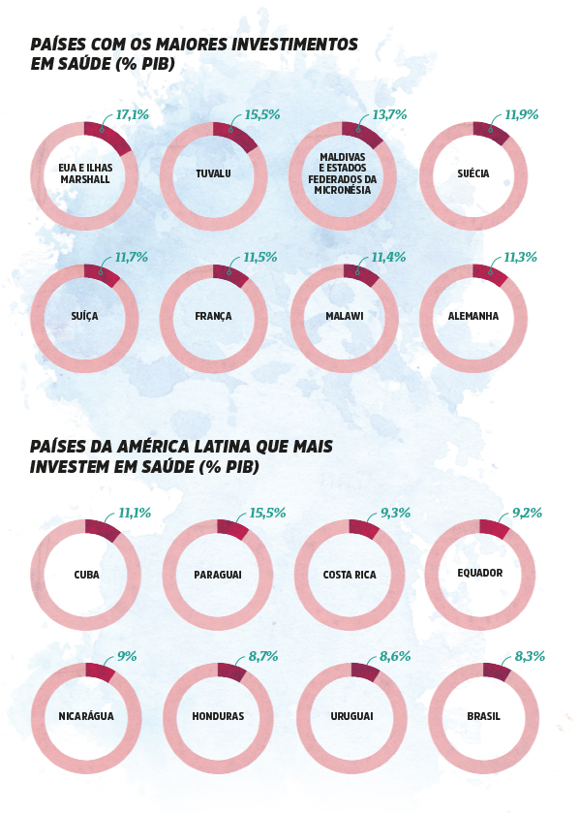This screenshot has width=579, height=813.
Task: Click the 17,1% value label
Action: click(132, 114)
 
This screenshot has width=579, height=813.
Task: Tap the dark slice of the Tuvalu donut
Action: click(236, 136)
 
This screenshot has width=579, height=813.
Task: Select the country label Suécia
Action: click(473, 173)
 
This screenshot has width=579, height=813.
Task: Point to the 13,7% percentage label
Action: click(389, 114)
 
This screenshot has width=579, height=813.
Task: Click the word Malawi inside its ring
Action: click(345, 316)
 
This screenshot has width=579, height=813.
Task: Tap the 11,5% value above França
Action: click(260, 257)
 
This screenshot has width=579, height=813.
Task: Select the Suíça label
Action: click(84, 316)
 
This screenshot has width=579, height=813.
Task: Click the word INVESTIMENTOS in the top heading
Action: click(294, 44)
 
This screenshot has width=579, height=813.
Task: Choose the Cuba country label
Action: click(86, 575)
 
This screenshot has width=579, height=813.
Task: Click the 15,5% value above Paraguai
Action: click(267, 513)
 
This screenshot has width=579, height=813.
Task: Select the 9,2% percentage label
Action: click(528, 513)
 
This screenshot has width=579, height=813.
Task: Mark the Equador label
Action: click(480, 573)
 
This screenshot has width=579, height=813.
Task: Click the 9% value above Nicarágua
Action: click(127, 656)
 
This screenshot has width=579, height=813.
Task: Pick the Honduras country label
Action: click(218, 716)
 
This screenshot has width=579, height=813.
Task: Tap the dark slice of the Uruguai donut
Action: click(366, 672)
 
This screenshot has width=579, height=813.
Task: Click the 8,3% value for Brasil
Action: click(530, 656)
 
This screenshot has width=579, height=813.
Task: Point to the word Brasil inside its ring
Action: click(484, 716)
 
